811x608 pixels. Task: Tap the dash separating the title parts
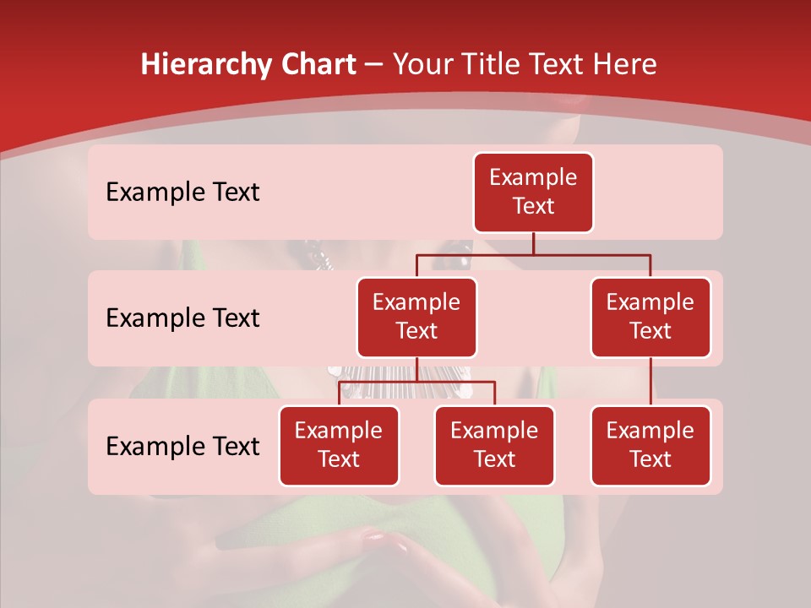pyautogui.click(x=373, y=65)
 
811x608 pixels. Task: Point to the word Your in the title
pyautogui.click(x=424, y=65)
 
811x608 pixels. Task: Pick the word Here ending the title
pyautogui.click(x=624, y=65)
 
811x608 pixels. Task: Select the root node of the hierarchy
pyautogui.click(x=533, y=192)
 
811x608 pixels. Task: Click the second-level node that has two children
pyautogui.click(x=416, y=317)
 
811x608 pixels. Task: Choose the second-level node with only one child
pyautogui.click(x=650, y=317)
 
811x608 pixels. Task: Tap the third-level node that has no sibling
pyautogui.click(x=650, y=445)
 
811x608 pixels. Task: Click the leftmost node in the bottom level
pyautogui.click(x=339, y=445)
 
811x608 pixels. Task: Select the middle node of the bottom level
pyautogui.click(x=494, y=445)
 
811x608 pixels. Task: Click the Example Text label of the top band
pyautogui.click(x=182, y=193)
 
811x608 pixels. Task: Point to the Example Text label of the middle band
pyautogui.click(x=182, y=318)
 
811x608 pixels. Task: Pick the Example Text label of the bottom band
pyautogui.click(x=182, y=446)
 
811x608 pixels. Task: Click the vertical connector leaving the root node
pyautogui.click(x=533, y=243)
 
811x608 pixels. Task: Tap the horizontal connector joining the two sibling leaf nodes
pyautogui.click(x=456, y=382)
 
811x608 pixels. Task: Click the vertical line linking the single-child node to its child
pyautogui.click(x=650, y=382)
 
